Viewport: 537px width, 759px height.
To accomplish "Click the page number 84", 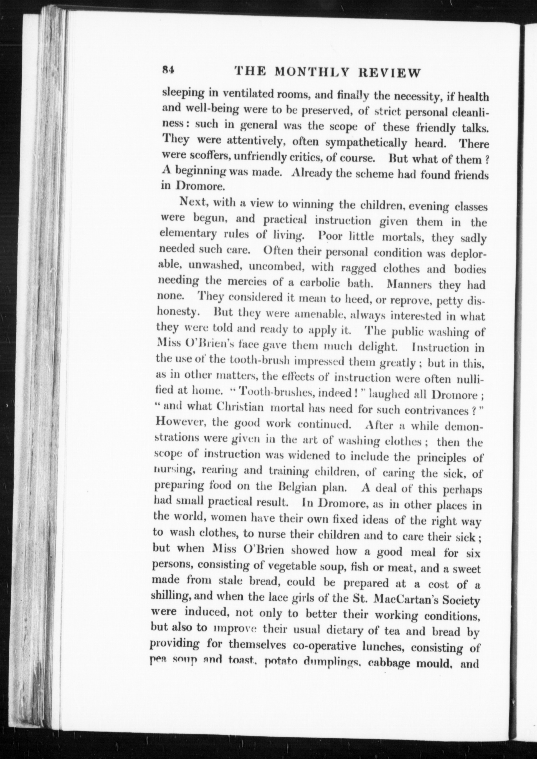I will [x=168, y=70].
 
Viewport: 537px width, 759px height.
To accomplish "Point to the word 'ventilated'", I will [x=246, y=94].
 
